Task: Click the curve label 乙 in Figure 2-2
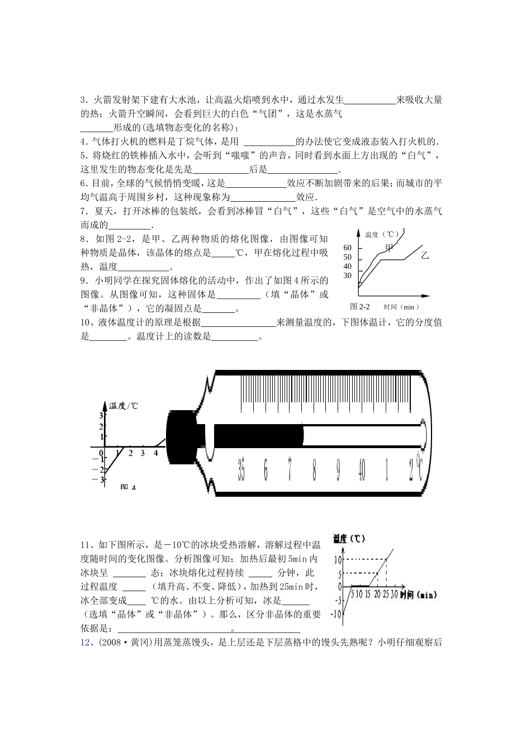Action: [x=425, y=256]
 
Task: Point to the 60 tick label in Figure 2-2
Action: [x=348, y=248]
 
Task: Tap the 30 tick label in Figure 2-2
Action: [x=348, y=275]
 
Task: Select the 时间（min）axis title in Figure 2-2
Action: [x=401, y=307]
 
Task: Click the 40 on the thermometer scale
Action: [x=362, y=469]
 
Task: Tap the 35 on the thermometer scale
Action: [x=241, y=469]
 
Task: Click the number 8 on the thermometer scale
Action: [x=314, y=469]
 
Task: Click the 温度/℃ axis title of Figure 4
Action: [x=124, y=406]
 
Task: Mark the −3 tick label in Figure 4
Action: [x=102, y=479]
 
